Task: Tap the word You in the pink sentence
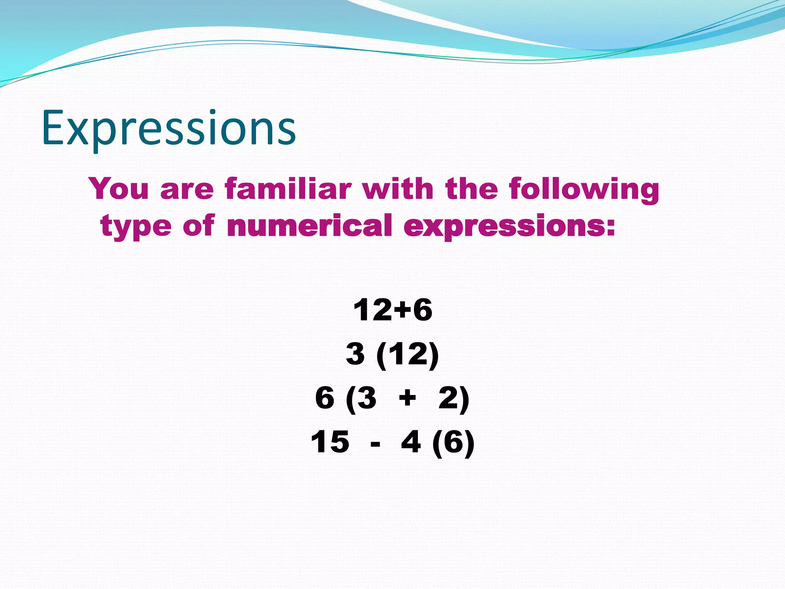point(119,188)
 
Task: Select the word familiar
point(288,188)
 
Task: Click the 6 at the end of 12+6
point(422,310)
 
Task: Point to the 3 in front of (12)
point(355,354)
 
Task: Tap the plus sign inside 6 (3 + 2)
point(407,398)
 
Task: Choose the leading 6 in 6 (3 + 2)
point(325,398)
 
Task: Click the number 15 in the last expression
point(330,442)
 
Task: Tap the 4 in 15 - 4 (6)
point(411,442)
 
